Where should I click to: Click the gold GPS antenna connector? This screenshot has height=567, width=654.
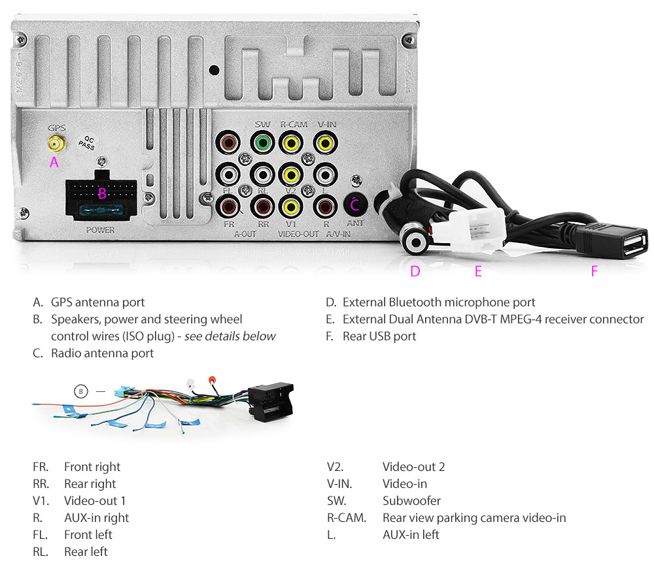[x=54, y=143]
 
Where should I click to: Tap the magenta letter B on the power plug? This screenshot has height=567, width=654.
[x=102, y=193]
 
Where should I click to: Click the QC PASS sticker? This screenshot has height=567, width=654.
[x=86, y=143]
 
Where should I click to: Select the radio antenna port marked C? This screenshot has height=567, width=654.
[x=355, y=205]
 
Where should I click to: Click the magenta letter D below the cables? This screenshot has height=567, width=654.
[x=415, y=271]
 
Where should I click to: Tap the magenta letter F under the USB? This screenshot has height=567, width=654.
[x=594, y=271]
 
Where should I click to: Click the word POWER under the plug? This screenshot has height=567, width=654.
[x=100, y=230]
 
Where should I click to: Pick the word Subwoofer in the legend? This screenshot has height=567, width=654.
[x=411, y=501]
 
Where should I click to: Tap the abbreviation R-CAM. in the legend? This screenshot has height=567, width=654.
[x=346, y=518]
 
